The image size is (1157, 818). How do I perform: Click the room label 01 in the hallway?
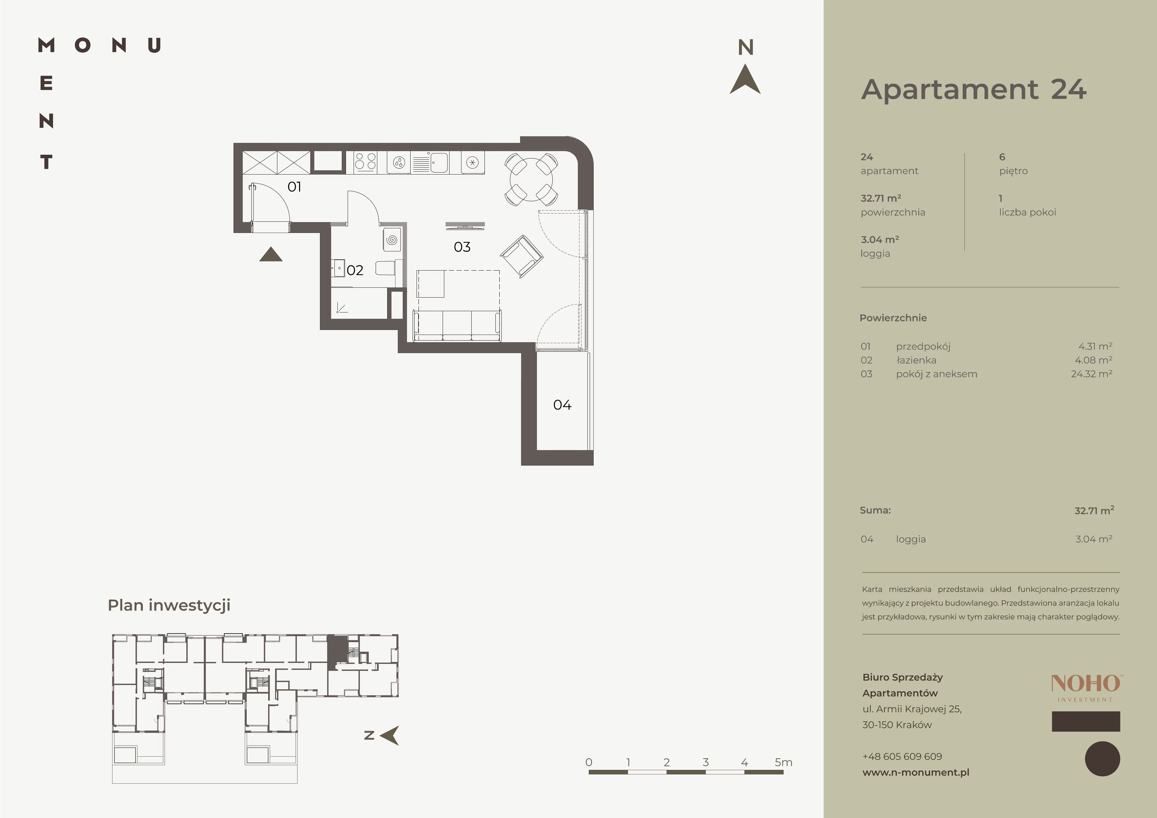click(294, 187)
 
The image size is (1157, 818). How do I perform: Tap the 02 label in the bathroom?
click(355, 270)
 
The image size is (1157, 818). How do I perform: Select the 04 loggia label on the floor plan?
click(562, 405)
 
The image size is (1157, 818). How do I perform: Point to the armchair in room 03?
click(521, 256)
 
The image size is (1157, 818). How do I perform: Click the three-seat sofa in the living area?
click(457, 326)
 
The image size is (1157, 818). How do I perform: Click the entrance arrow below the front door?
click(270, 254)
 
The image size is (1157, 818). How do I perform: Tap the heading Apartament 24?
click(974, 90)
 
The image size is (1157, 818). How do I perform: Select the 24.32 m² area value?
click(1091, 374)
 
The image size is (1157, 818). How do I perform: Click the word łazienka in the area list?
click(916, 360)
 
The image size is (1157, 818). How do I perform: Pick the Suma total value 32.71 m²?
click(1094, 510)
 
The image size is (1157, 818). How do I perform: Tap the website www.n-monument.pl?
click(916, 772)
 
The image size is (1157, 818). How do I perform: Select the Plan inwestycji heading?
click(169, 605)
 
